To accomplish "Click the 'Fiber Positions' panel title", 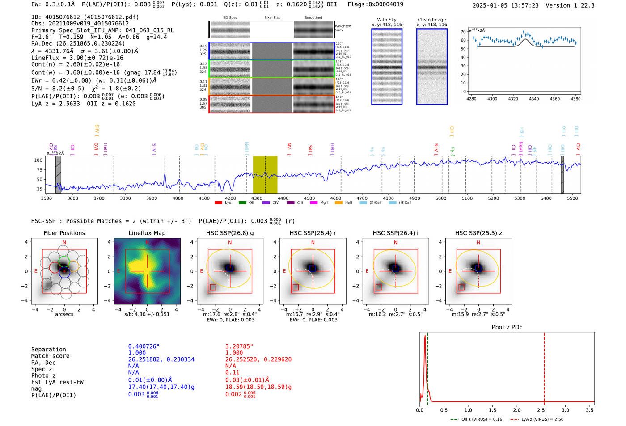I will pos(64,233).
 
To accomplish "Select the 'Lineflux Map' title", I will pos(147,233).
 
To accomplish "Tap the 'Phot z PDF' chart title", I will pos(507,327).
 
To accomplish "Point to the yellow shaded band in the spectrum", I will pos(265,174).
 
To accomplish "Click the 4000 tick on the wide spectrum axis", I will pos(178,198).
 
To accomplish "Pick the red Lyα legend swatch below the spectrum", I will pos(218,203).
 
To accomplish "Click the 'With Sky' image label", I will pos(386,20).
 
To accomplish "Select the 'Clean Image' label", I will pos(431,20).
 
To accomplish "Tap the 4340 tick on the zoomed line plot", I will pos(534,99).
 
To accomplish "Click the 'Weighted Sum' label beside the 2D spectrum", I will pos(343,28).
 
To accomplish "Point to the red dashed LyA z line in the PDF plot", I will pos(544,367).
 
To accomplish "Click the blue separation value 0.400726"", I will pos(144,346).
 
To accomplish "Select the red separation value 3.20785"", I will pos(239,346).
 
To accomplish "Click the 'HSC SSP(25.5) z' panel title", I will pos(478,233).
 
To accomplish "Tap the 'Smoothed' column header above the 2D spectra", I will pos(313,18).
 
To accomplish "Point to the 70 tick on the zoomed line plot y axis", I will pos(464,32).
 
